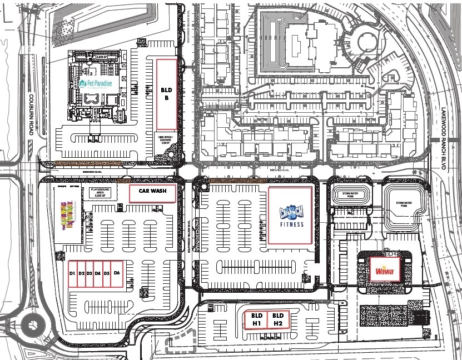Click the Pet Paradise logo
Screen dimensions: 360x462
96,84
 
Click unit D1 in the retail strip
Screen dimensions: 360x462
72,273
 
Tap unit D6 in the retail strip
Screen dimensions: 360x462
117,273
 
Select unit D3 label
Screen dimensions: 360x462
89,273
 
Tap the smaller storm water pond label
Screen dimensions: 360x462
347,194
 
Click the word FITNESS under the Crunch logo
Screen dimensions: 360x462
291,224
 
